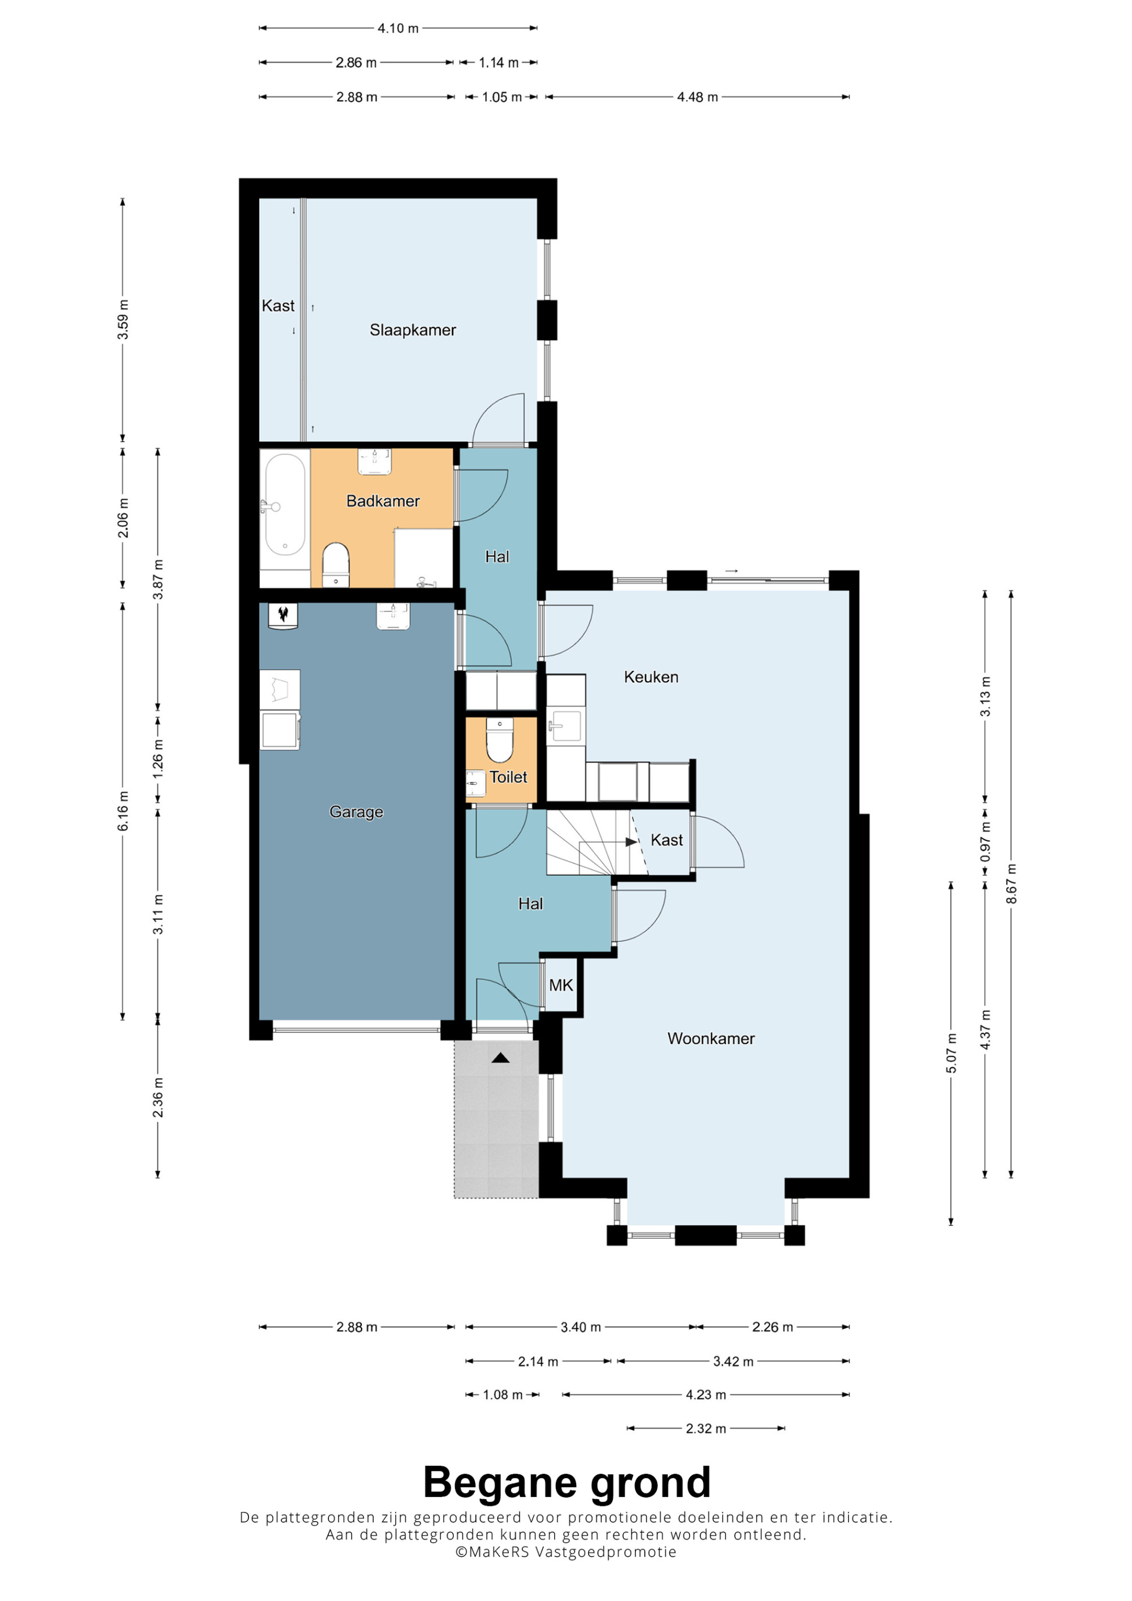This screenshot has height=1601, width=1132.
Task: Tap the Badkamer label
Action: pyautogui.click(x=383, y=501)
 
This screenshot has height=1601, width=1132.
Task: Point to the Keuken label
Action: pyautogui.click(x=651, y=677)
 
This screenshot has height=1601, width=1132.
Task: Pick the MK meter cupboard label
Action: pyautogui.click(x=561, y=985)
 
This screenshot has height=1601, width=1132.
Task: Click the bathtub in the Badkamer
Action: pyautogui.click(x=285, y=504)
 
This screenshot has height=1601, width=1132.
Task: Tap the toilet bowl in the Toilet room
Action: pyautogui.click(x=499, y=740)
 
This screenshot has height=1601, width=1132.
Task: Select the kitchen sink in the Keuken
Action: pyautogui.click(x=565, y=726)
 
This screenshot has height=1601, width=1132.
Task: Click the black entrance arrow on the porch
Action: pyautogui.click(x=500, y=1058)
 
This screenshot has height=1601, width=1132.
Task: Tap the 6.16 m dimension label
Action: pyautogui.click(x=123, y=811)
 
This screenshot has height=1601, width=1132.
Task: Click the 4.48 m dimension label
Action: pyautogui.click(x=697, y=97)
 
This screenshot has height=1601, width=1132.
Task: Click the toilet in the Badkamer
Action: pyautogui.click(x=336, y=564)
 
